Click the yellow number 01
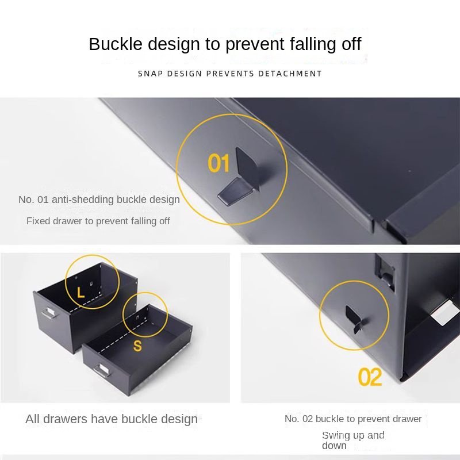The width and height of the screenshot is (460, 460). (x=218, y=163)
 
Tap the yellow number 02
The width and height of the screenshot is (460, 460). (x=370, y=377)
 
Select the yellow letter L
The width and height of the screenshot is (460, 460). (x=80, y=293)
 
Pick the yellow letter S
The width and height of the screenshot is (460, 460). (x=137, y=346)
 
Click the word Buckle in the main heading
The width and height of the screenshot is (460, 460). (x=116, y=44)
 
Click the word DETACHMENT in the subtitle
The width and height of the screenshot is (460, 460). (x=290, y=74)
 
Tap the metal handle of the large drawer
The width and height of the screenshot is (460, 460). (x=49, y=313)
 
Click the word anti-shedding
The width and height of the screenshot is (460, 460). (x=83, y=200)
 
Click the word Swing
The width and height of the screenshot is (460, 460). (x=336, y=436)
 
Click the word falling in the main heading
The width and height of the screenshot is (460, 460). (x=313, y=44)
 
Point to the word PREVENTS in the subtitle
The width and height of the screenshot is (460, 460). (x=231, y=74)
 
